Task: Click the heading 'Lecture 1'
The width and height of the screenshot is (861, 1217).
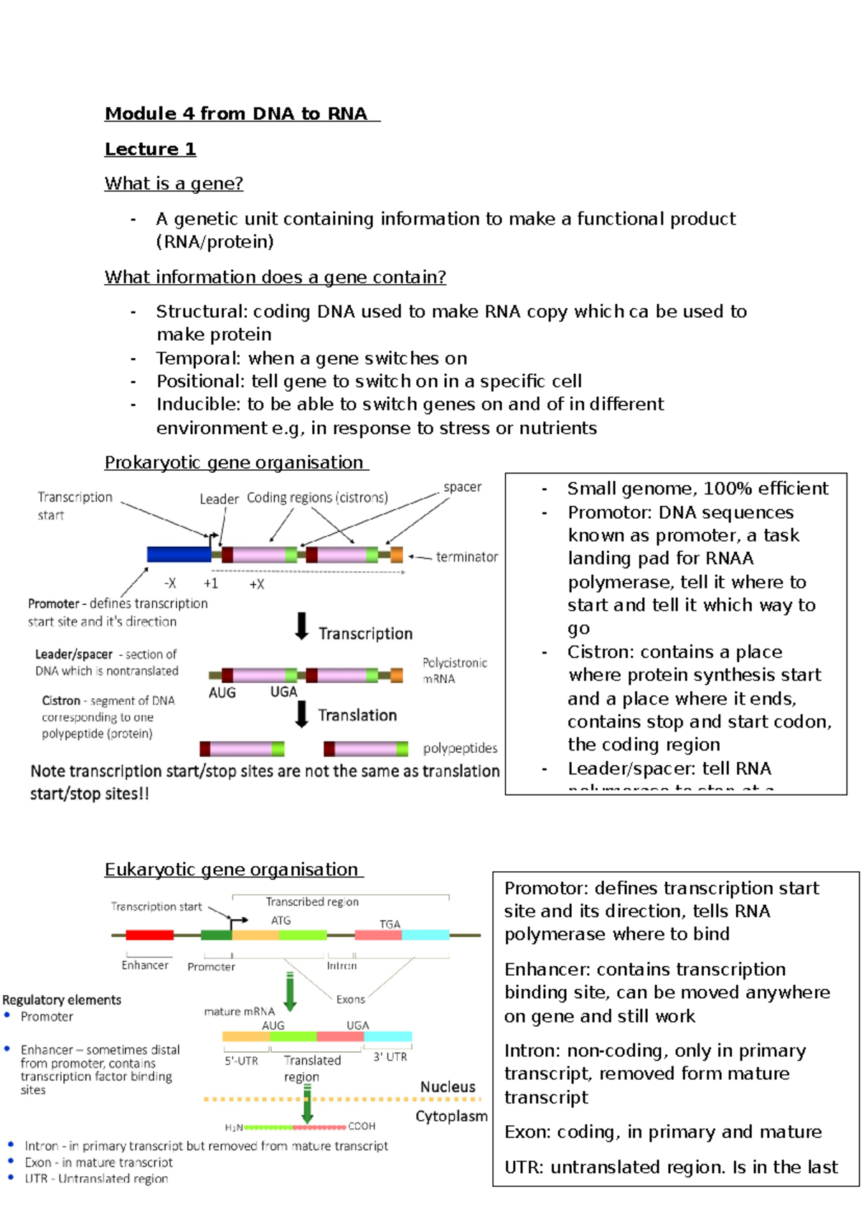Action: click(150, 149)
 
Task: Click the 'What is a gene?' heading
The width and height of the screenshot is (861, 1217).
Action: click(174, 184)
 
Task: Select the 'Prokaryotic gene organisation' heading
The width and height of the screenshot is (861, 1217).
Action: click(235, 463)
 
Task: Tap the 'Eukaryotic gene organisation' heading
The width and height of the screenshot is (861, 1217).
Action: click(232, 870)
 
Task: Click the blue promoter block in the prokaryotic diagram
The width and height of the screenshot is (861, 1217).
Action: click(179, 554)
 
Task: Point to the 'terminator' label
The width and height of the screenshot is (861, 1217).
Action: click(466, 557)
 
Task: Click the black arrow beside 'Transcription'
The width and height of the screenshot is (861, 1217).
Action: click(302, 626)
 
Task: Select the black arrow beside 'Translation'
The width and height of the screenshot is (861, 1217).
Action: click(302, 714)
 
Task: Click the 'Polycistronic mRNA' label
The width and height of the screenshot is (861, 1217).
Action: click(454, 671)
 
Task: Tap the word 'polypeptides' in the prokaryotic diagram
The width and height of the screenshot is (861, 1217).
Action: click(460, 748)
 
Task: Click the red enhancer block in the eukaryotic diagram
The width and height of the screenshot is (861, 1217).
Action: click(149, 935)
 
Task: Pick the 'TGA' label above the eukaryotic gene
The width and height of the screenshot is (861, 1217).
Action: click(390, 924)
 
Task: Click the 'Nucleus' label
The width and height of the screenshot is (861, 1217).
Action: click(448, 1087)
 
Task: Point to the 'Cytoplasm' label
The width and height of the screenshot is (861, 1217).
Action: click(451, 1117)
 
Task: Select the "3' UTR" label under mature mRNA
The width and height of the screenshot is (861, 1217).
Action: click(390, 1057)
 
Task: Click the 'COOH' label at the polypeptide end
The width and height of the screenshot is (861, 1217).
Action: click(362, 1127)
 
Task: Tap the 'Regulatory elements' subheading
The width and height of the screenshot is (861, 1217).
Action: click(62, 1000)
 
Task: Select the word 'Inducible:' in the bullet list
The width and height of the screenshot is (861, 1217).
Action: click(198, 405)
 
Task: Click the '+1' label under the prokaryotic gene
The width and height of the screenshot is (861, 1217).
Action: click(210, 583)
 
